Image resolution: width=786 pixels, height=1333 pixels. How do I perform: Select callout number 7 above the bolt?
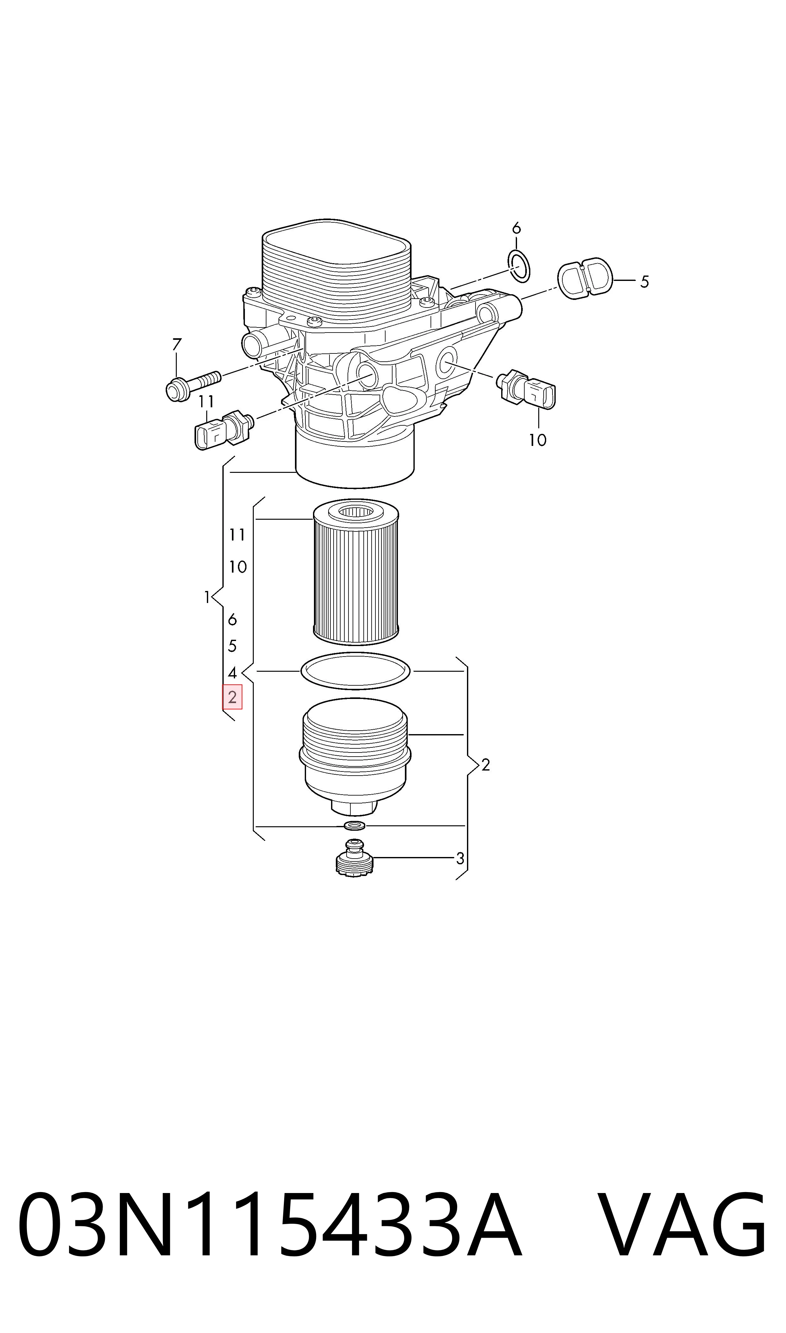[x=177, y=345]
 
